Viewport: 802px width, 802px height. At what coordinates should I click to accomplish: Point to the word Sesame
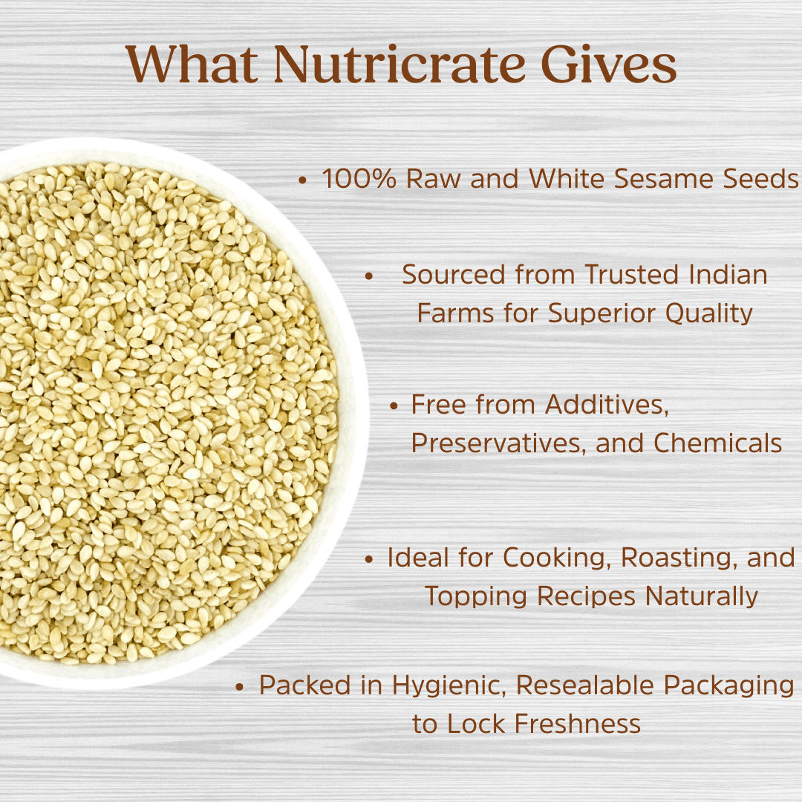tap(665, 179)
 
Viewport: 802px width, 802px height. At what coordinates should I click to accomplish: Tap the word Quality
tap(708, 313)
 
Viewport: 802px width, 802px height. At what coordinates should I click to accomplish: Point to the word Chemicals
tap(717, 443)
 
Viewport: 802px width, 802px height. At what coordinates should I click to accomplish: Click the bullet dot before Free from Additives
tap(396, 406)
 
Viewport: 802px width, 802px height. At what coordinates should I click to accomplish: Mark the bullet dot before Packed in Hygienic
tap(239, 687)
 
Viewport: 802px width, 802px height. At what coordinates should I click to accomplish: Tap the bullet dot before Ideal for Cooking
tap(369, 559)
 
